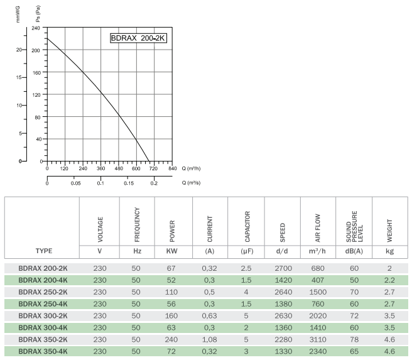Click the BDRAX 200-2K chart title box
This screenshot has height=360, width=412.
[x=138, y=38]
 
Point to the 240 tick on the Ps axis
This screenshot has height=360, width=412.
[x=35, y=28]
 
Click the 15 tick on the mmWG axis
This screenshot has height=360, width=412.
[x=21, y=78]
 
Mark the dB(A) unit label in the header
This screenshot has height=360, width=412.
[x=354, y=251]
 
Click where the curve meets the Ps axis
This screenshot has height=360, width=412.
[x=48, y=39]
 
